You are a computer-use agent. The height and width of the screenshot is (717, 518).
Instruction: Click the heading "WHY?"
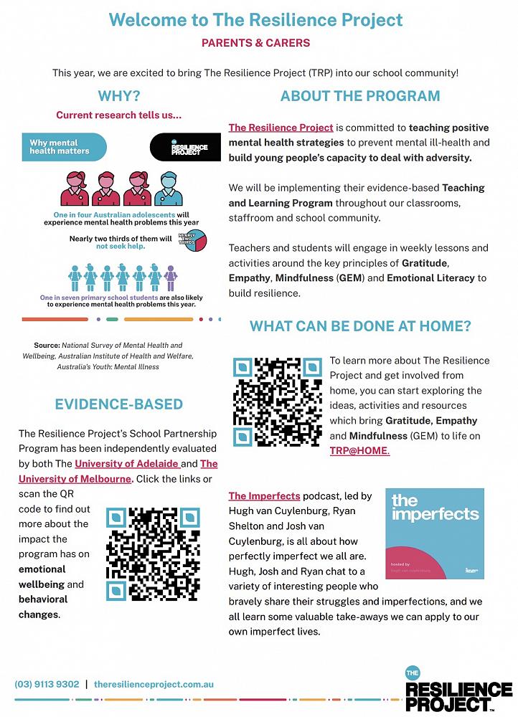(x=119, y=96)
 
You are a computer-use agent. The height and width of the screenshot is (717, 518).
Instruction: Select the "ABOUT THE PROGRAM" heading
(x=360, y=96)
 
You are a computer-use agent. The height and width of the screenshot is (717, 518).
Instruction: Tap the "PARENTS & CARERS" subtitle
(x=256, y=43)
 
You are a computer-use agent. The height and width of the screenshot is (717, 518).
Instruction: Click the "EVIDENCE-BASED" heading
(x=119, y=404)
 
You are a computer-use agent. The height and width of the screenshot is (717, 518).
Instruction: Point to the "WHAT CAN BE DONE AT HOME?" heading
(x=360, y=326)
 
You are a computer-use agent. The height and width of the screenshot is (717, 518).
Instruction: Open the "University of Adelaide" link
(x=127, y=464)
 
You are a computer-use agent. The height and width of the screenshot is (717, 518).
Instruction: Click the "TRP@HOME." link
(x=359, y=451)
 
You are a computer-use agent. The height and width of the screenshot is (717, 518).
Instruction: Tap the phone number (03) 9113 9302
(x=47, y=685)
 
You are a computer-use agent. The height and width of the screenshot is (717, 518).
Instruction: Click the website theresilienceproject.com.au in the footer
(x=154, y=685)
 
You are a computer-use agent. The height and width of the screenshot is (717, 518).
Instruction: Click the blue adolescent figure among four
(x=169, y=190)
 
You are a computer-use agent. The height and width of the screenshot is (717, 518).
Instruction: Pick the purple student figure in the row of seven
(x=170, y=277)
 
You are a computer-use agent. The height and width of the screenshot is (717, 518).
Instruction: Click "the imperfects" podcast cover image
(x=435, y=533)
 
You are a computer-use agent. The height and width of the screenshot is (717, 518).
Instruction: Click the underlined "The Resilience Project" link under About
(x=281, y=128)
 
